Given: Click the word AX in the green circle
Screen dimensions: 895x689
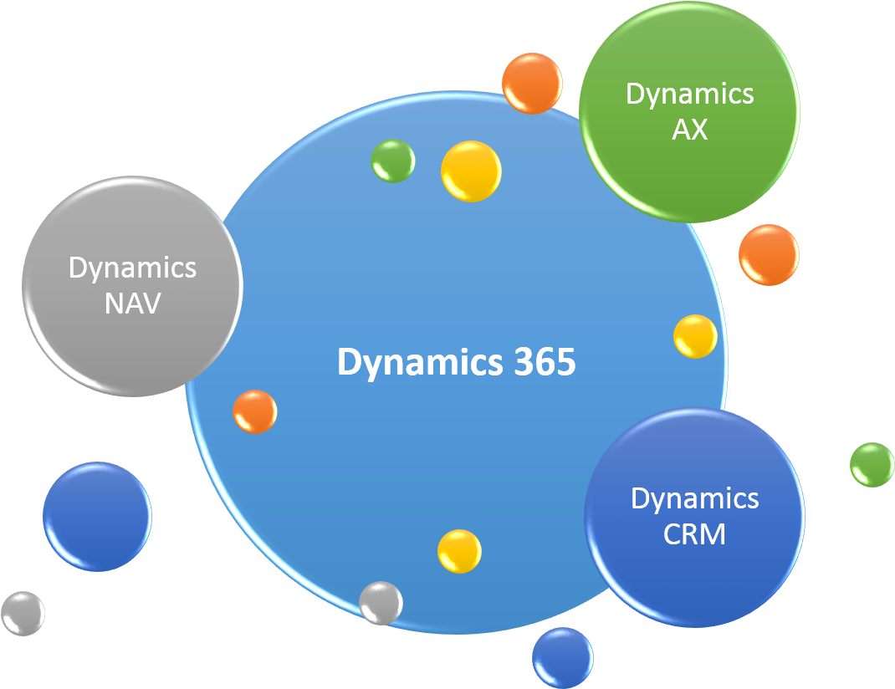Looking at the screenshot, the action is tap(689, 130).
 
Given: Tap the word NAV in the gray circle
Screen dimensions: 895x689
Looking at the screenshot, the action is tap(132, 304).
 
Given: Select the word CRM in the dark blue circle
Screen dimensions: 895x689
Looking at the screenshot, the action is tap(694, 534).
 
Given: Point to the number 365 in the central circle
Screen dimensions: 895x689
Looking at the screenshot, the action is tap(545, 361).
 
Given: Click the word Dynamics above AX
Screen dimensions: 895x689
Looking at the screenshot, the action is tap(689, 95).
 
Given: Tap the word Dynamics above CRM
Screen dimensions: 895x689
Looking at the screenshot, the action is tap(694, 500).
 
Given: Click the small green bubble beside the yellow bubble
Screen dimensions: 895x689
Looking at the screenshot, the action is tap(392, 161).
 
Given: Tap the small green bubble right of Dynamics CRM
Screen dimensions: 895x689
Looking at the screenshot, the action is tap(872, 464).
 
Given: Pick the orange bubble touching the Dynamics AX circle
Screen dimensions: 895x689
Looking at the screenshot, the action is tap(532, 84).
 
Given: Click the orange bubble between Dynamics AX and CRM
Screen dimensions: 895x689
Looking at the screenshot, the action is tap(769, 254).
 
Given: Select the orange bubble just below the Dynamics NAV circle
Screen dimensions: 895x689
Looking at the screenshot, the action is tap(255, 411).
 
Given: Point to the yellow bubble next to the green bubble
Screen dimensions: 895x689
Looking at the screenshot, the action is tap(471, 171).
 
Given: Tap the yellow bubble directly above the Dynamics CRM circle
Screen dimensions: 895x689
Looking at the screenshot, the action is tap(695, 336).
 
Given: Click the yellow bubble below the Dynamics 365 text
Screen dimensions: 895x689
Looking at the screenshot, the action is tap(459, 551).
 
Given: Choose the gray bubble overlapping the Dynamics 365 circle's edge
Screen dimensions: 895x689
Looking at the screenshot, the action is tap(381, 603).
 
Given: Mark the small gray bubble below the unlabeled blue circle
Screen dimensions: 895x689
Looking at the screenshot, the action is tap(23, 613).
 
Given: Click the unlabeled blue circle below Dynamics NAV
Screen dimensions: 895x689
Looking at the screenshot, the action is tap(97, 516).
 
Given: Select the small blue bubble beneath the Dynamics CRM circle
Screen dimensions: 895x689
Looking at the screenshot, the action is tap(563, 657).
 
